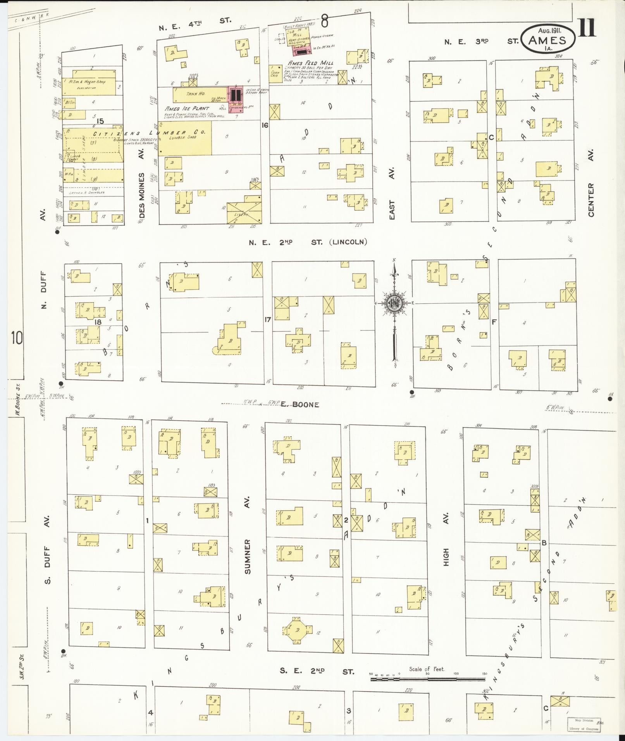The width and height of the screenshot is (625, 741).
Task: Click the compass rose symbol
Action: pos(394,303)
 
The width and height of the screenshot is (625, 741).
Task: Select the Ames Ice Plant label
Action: pos(187,108)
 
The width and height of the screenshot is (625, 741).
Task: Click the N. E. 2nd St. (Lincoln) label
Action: pos(308,242)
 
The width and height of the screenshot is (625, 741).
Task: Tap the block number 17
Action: pos(267,320)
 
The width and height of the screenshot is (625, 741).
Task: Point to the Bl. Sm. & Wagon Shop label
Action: pos(87,82)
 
